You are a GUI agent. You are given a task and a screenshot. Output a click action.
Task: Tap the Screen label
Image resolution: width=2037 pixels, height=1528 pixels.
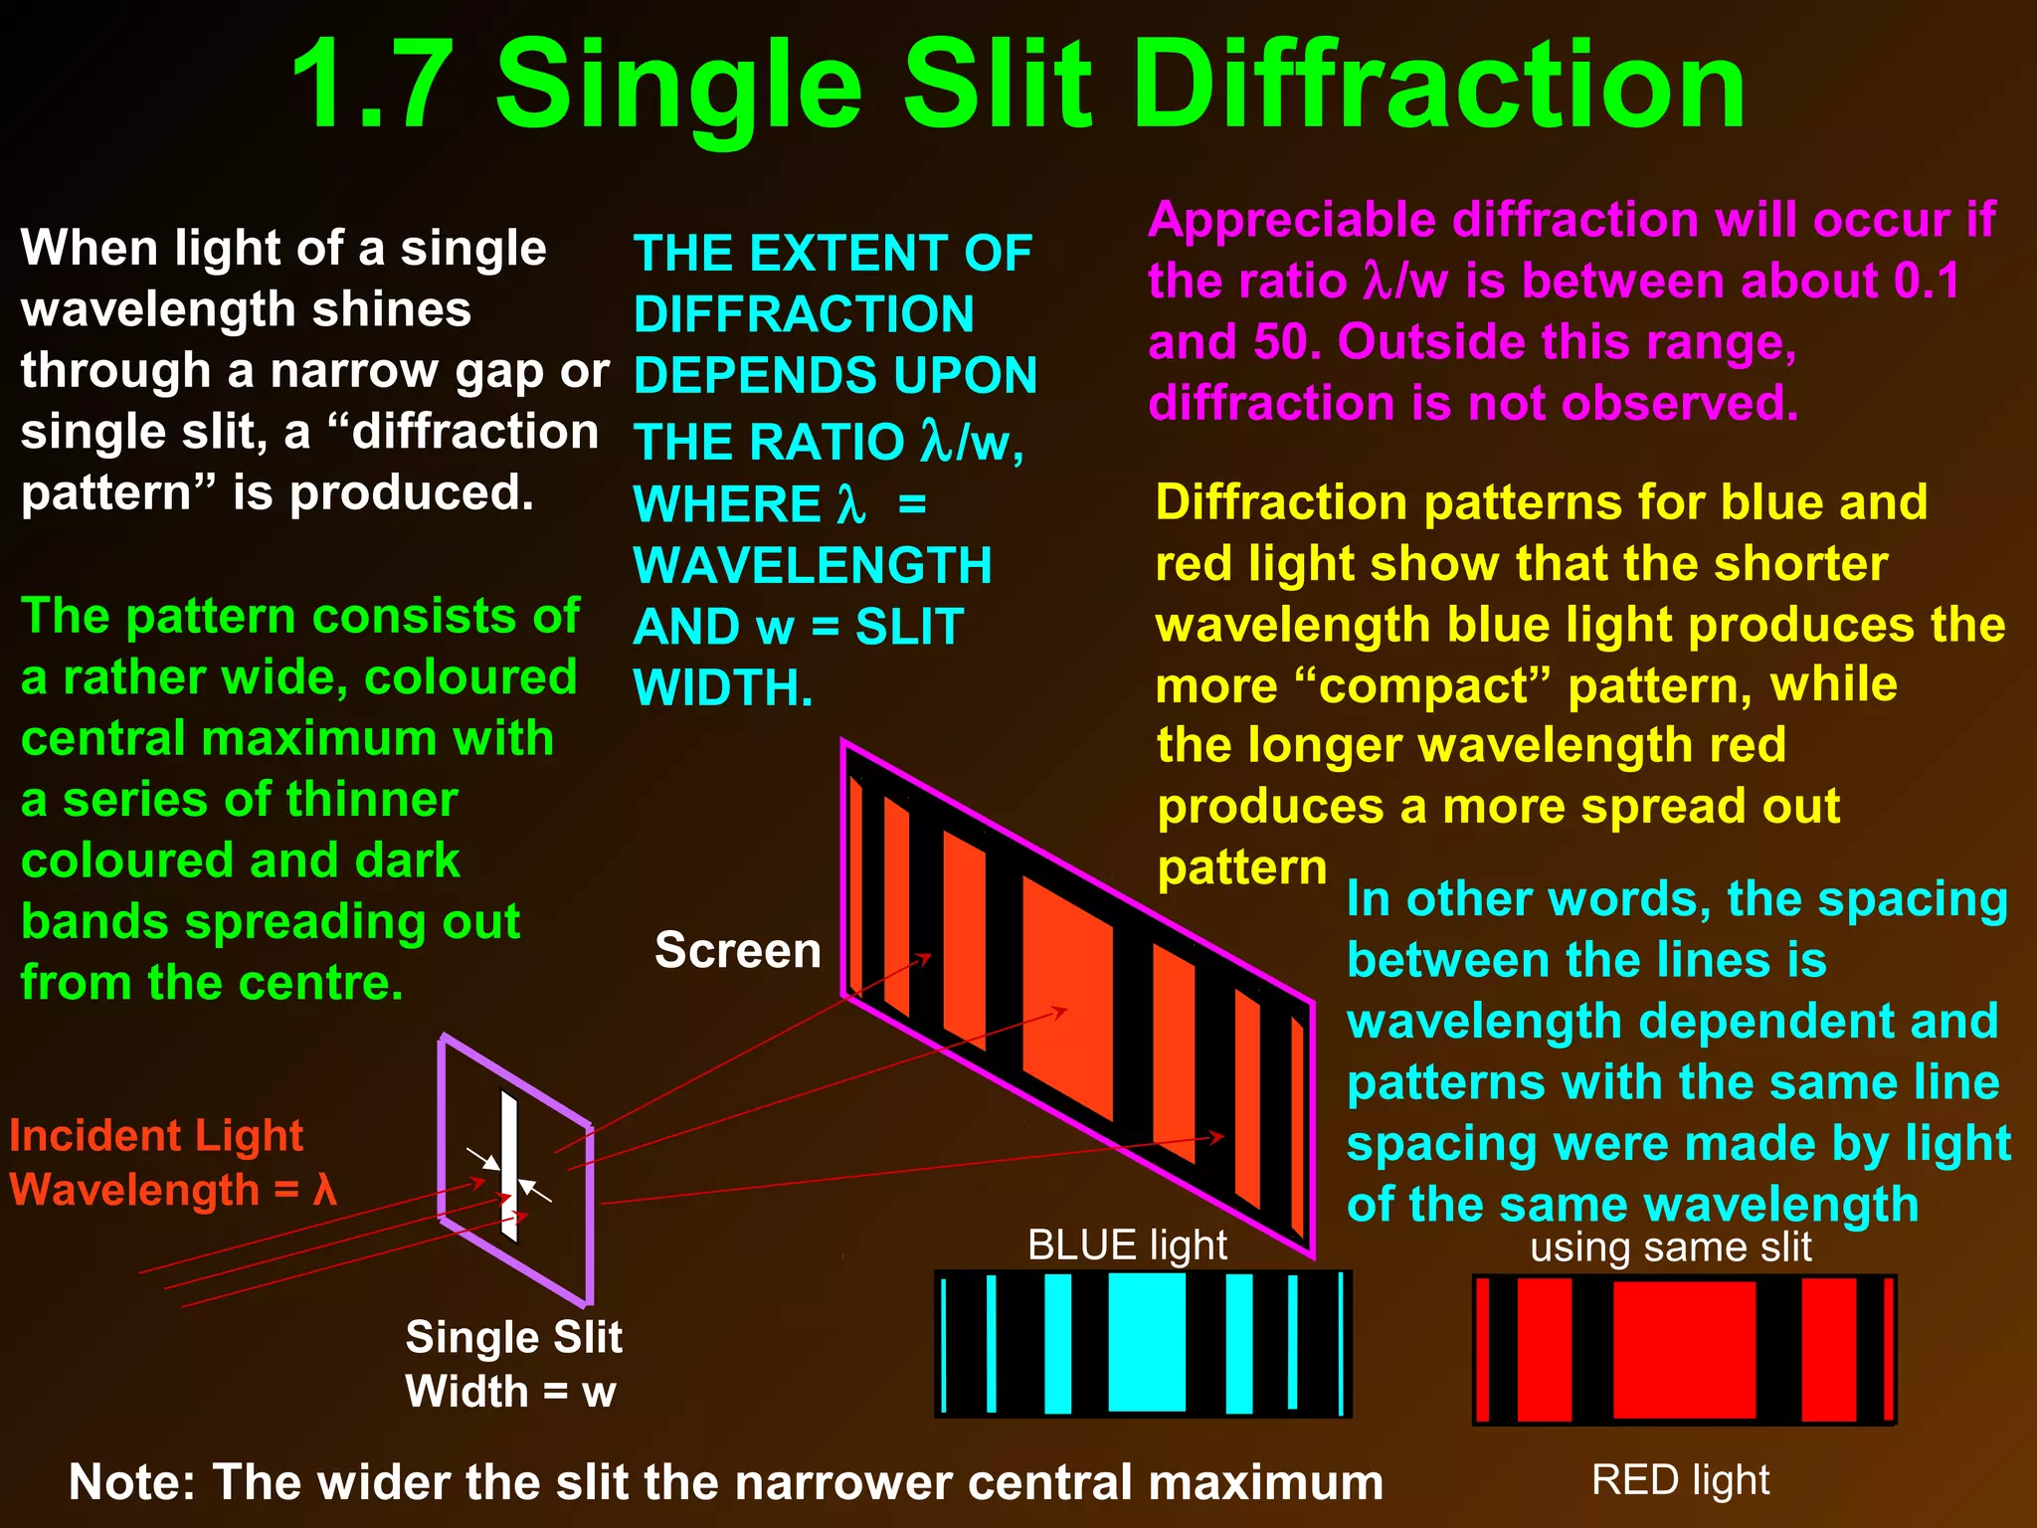[x=738, y=950]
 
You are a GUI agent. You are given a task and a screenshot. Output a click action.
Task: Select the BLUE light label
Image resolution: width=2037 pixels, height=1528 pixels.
[x=1127, y=1245]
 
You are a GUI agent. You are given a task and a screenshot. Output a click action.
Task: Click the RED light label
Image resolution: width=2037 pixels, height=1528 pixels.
[x=1680, y=1480]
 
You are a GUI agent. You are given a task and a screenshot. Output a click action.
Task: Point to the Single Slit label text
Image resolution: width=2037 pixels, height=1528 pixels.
[x=513, y=1338]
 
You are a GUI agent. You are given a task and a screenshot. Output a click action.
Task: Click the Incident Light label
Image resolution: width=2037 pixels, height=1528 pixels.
[x=156, y=1136]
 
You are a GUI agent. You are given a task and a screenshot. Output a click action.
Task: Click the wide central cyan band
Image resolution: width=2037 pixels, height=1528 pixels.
[x=1146, y=1342]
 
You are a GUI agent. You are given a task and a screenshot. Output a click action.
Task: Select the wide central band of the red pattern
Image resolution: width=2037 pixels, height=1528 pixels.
[x=1684, y=1349]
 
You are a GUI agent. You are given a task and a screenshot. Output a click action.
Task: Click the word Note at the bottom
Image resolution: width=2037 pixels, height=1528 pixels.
[x=127, y=1482]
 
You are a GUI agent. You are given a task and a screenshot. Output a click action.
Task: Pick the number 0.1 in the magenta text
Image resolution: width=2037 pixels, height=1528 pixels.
[x=1927, y=281]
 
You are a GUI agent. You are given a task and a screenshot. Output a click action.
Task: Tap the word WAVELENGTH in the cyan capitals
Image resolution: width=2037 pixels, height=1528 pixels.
[x=813, y=566]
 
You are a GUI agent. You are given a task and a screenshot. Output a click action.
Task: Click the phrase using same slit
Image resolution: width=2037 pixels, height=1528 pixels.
[x=1671, y=1247]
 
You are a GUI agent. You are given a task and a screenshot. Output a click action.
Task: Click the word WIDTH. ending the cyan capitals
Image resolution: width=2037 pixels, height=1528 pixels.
[x=723, y=688]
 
